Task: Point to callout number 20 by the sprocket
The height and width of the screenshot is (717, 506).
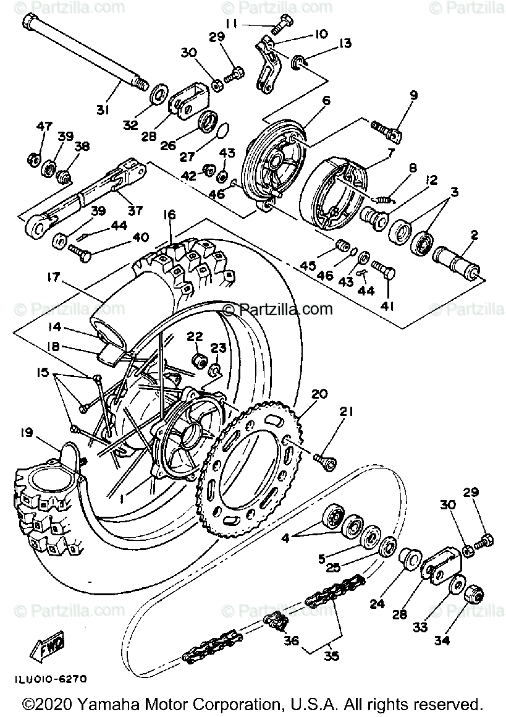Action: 319,393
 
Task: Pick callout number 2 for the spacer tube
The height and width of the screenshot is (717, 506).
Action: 474,235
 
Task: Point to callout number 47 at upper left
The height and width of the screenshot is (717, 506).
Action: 44,126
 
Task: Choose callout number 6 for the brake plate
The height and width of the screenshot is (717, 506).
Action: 326,100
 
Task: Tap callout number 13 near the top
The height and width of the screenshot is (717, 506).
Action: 344,43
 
